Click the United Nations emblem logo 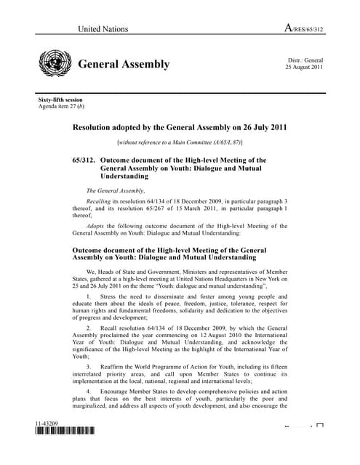point(54,65)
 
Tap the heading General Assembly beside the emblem point(124,65)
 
